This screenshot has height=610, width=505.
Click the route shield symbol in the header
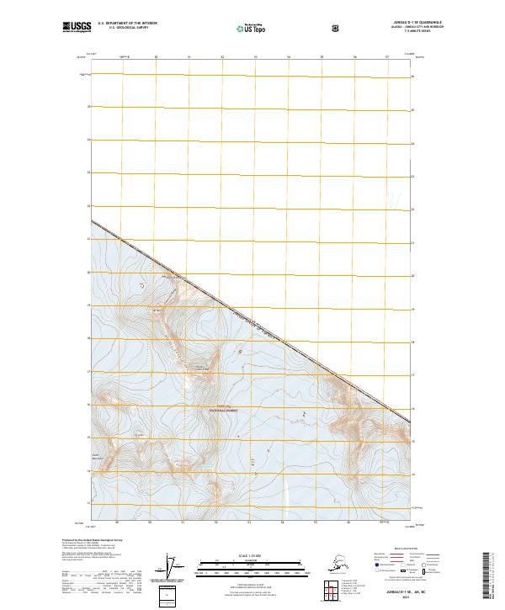tap(337, 29)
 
